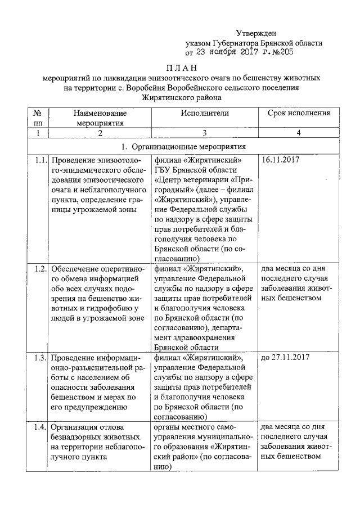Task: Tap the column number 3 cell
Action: (205, 133)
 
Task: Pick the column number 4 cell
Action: (298, 133)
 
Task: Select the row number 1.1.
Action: (39, 160)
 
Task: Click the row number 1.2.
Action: (39, 268)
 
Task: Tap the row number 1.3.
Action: (39, 357)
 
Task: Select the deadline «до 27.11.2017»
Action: (286, 357)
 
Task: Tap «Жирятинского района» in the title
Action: (181, 97)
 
